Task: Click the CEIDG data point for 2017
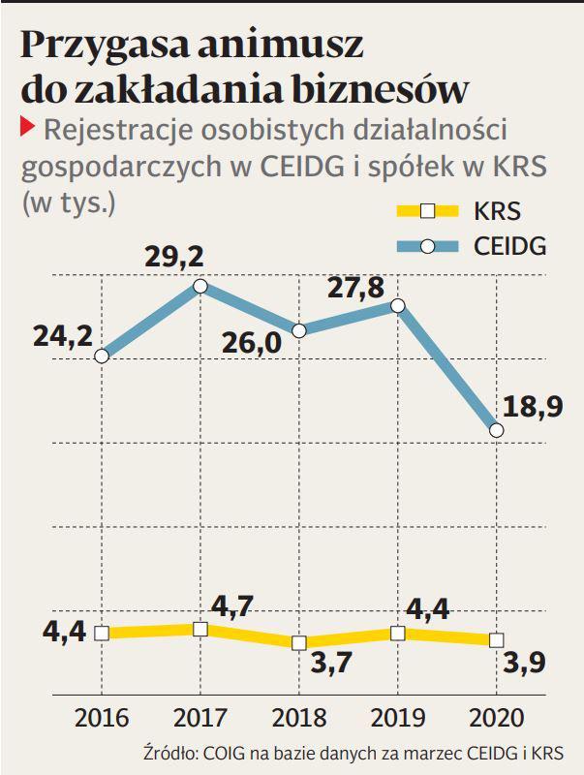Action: pos(200,286)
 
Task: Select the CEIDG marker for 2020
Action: pos(497,429)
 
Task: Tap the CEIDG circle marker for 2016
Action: pos(102,356)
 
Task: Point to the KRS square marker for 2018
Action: pos(299,642)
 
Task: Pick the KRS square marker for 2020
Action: pos(497,639)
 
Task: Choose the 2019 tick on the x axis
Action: pos(398,718)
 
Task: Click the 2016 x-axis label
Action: pos(102,718)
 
